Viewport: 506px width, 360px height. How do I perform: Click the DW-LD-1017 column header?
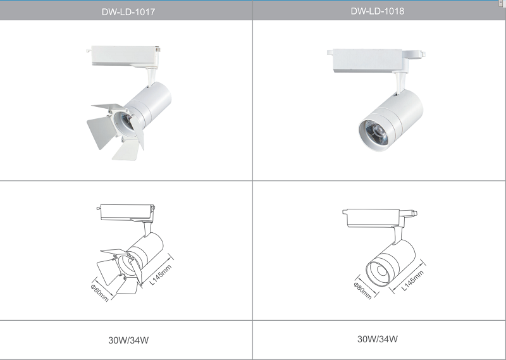128,12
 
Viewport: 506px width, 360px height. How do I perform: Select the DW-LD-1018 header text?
377,11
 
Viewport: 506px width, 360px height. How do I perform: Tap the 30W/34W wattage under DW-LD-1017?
128,340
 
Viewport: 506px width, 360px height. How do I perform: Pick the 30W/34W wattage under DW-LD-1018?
377,338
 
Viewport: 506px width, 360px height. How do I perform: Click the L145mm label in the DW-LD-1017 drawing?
161,275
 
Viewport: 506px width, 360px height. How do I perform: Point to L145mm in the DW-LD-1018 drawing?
413,280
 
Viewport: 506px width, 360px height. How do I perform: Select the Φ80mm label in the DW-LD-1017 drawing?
100,292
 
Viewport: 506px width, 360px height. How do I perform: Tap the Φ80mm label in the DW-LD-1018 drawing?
362,290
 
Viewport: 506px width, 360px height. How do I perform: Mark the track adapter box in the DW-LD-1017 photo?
123,56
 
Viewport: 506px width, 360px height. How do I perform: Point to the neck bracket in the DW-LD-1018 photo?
400,83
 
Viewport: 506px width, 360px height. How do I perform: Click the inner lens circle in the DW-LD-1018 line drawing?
382,271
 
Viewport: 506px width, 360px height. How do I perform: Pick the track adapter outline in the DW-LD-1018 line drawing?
379,218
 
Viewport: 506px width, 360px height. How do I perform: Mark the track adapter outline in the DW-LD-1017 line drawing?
126,213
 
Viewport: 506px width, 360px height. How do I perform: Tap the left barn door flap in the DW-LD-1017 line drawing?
108,272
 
